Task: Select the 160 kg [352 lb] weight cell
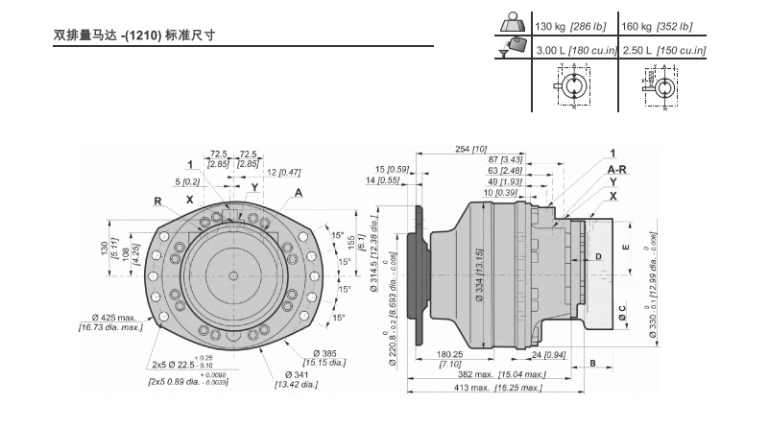point(657,27)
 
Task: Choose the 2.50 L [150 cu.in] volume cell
point(657,49)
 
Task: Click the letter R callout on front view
point(156,202)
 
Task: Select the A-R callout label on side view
point(617,167)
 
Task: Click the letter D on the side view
point(598,257)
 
